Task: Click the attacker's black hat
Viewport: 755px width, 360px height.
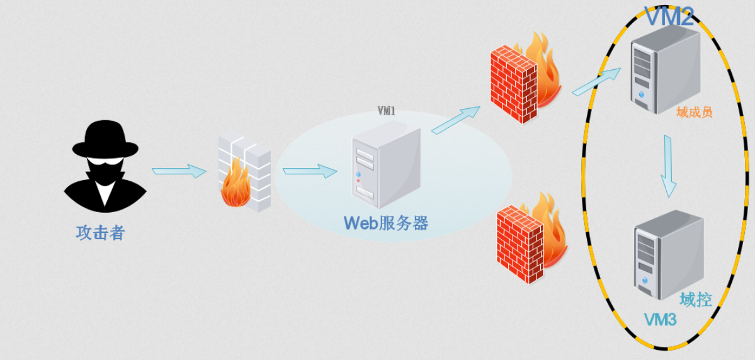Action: click(x=105, y=140)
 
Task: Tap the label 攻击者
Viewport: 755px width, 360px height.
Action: click(x=101, y=233)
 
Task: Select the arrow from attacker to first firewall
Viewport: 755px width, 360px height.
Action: click(x=179, y=171)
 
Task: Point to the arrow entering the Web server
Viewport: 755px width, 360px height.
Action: click(x=309, y=171)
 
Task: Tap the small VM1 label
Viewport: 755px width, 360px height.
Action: click(x=386, y=111)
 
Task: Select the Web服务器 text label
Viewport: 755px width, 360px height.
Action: click(x=385, y=223)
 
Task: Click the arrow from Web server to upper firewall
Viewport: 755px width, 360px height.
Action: click(x=455, y=119)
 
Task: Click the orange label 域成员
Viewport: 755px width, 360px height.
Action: click(x=694, y=113)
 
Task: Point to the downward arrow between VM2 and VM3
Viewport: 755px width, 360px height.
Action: click(x=668, y=165)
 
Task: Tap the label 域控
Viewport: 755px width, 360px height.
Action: click(x=696, y=300)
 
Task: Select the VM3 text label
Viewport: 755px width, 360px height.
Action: click(x=660, y=320)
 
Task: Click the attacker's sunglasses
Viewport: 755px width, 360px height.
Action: click(x=105, y=163)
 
